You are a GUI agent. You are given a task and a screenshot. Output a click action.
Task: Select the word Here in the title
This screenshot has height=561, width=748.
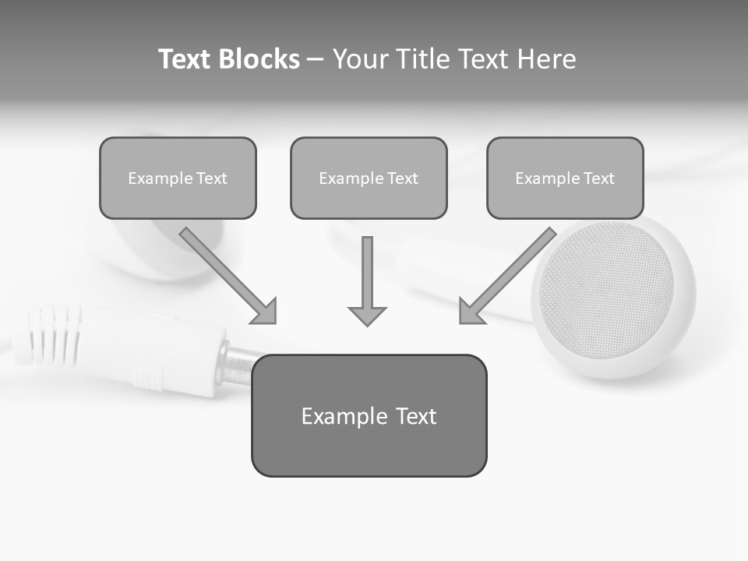coord(549,59)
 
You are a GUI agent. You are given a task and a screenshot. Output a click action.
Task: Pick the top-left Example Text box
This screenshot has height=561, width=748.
coord(178,178)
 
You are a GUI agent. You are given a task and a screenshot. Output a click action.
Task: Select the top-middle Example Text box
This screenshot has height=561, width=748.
coord(369,178)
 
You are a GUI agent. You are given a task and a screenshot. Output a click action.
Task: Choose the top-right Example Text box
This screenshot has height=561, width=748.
coord(565,178)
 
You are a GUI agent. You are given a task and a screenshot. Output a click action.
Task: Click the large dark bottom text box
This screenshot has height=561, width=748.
coord(369,415)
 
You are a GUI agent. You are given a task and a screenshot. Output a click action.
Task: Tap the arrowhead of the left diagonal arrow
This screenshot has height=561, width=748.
coord(265,311)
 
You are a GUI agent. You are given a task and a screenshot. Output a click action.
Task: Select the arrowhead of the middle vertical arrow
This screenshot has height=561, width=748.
coord(367,315)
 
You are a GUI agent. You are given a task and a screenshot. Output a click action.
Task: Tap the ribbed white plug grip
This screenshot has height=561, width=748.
coord(55,335)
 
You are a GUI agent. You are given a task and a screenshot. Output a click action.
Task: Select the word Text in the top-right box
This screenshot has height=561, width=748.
coord(598,178)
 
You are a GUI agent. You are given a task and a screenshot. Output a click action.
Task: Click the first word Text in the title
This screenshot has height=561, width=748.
coord(186,59)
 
